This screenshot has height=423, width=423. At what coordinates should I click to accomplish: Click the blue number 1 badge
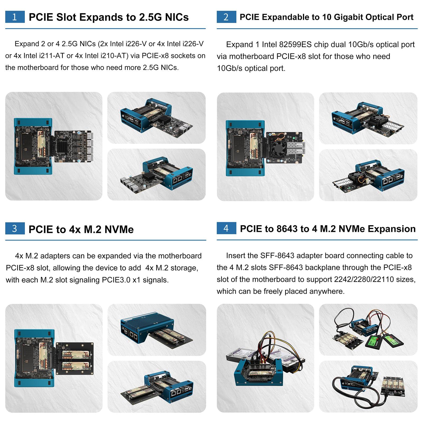15,17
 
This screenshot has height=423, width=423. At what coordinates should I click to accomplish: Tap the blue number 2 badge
226,17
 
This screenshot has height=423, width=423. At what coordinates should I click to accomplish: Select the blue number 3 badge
15,228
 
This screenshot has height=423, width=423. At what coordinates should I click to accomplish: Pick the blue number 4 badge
226,228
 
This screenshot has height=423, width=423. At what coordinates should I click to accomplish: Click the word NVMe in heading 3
119,229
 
